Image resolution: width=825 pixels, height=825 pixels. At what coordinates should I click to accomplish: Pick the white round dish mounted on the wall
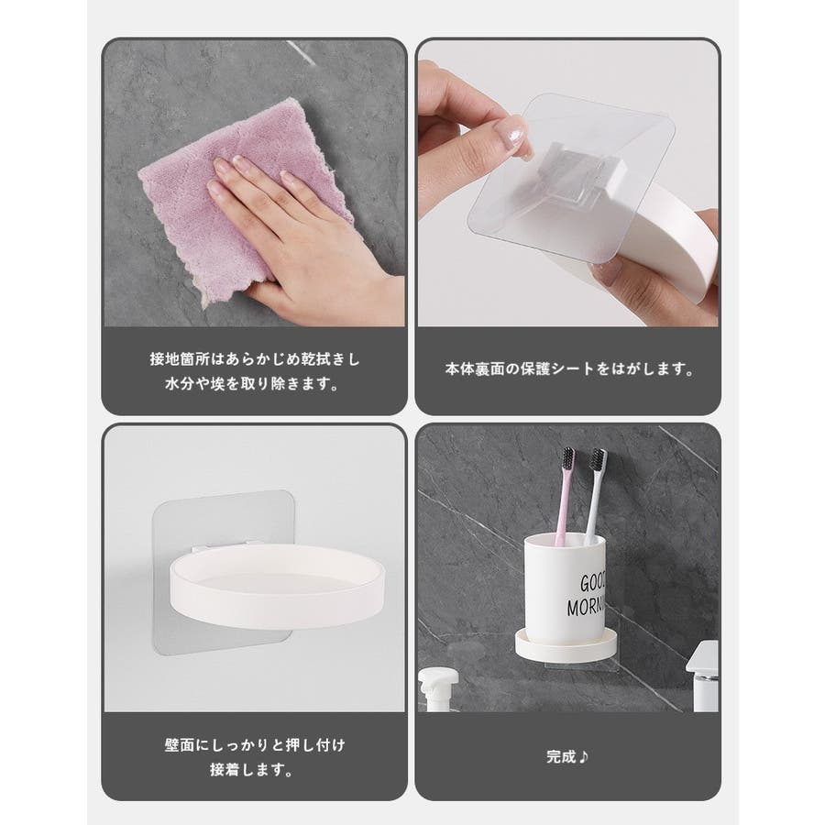[277, 585]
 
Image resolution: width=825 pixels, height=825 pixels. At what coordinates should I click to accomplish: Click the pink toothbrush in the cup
[564, 496]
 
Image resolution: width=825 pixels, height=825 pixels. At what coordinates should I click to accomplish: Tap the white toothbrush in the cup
[595, 496]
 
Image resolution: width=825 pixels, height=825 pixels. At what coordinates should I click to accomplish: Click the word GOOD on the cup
[592, 583]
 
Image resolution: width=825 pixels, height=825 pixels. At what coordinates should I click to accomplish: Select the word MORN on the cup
[586, 607]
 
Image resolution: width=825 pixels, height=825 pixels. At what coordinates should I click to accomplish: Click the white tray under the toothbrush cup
[566, 645]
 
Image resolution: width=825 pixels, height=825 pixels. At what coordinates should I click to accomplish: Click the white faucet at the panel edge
[703, 676]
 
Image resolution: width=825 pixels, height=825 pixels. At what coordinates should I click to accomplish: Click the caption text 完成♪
[567, 756]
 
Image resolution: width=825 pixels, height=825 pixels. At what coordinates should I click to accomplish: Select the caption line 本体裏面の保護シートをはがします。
[569, 368]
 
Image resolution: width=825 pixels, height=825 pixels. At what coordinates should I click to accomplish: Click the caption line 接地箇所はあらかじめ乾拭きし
[255, 358]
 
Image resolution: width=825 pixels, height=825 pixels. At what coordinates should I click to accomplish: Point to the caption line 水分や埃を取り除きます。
[253, 383]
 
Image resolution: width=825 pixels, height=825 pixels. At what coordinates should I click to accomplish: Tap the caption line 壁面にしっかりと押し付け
[255, 745]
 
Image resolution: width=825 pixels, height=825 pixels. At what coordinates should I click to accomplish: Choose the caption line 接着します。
[252, 770]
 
